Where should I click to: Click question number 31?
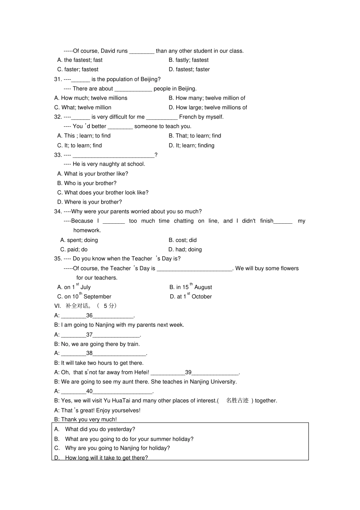coord(58,79)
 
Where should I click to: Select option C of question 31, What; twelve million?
coord(83,107)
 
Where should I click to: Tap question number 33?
coord(58,155)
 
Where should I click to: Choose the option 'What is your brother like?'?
coord(92,174)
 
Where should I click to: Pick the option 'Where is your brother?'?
coord(89,202)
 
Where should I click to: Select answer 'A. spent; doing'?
coord(79,240)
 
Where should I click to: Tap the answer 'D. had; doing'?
coord(185,250)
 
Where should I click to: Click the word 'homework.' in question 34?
coord(87,230)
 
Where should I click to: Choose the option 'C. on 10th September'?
coord(84,297)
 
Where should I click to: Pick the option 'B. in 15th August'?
coord(191,287)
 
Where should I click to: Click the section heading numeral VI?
coord(58,306)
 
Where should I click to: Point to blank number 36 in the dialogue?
coord(89,315)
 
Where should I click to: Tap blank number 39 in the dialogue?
coord(188,372)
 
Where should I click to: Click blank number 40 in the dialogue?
coord(89,391)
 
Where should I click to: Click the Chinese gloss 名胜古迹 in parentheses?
coord(237,400)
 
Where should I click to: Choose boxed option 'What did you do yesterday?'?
coord(100,429)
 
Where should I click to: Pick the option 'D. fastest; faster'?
coord(189,69)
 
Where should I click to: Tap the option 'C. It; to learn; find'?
coord(80,145)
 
